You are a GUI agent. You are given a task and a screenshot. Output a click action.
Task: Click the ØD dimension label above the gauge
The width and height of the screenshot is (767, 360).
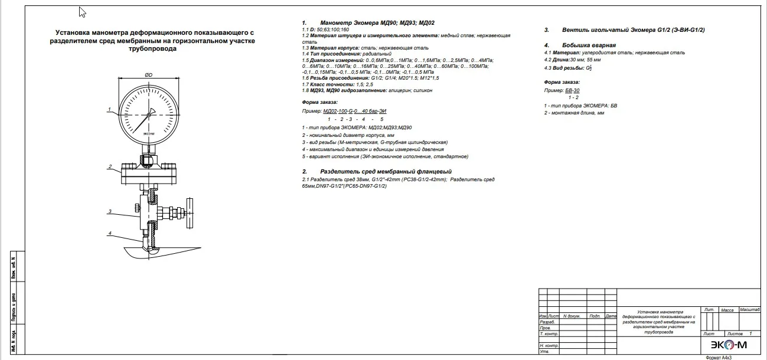click(149, 75)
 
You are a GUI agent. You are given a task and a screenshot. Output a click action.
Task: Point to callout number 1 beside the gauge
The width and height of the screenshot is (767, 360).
click(110, 109)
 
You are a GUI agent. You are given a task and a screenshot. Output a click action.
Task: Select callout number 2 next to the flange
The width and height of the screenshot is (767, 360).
click(110, 167)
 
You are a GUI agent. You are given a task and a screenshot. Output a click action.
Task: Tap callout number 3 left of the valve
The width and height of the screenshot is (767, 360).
click(110, 211)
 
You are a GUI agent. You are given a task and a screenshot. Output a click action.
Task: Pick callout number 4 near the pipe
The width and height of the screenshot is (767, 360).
click(110, 234)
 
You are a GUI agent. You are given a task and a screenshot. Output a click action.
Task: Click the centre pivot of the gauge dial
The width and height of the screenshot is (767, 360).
click(149, 114)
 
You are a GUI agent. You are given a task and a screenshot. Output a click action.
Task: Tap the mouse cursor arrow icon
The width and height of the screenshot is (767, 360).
click(82, 12)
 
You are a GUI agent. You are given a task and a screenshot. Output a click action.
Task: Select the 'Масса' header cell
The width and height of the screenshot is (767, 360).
click(727, 310)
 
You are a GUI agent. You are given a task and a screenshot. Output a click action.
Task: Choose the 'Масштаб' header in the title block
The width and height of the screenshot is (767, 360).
click(749, 310)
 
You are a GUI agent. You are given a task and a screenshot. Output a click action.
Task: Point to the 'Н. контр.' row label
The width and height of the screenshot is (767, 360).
click(550, 346)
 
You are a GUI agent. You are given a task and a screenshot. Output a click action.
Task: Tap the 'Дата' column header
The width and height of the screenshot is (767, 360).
click(611, 316)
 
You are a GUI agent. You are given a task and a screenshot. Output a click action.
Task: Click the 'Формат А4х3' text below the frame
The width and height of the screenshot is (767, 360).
click(719, 358)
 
